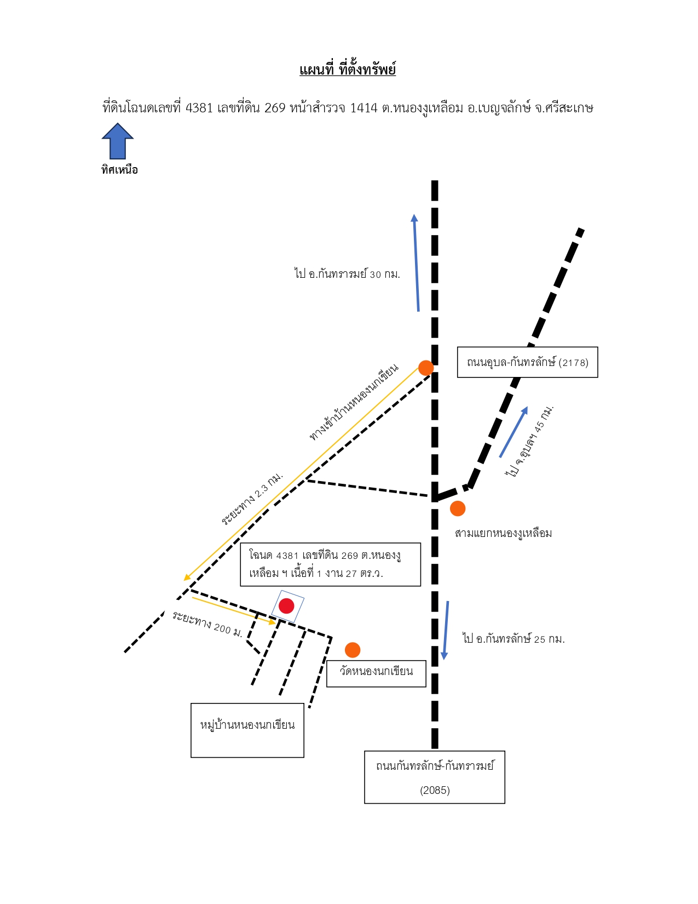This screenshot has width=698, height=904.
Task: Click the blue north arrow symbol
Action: (118, 141)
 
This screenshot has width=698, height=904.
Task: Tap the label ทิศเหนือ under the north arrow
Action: (120, 170)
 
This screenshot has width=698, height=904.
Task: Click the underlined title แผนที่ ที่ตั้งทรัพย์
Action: (348, 70)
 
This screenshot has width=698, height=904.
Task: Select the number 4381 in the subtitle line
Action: (199, 108)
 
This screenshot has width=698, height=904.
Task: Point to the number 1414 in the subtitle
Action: (364, 108)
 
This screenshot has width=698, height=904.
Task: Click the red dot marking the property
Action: (286, 606)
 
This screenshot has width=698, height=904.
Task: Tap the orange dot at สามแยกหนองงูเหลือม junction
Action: (458, 508)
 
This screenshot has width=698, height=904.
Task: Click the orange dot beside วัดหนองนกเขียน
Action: (353, 650)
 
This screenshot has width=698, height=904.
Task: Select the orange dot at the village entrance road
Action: (426, 368)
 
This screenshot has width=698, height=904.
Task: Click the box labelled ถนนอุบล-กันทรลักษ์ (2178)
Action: (528, 362)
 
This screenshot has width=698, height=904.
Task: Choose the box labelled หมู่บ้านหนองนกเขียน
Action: (247, 730)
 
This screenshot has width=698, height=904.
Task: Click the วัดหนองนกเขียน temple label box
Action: (376, 673)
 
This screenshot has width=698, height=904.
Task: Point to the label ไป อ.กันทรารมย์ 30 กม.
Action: (347, 274)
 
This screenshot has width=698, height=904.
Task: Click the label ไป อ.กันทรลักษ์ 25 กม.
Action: (514, 639)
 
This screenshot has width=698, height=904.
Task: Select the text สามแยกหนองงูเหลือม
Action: (504, 534)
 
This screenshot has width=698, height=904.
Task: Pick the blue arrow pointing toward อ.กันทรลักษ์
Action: (446, 630)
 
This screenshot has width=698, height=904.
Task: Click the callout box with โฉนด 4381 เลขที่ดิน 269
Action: (331, 564)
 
